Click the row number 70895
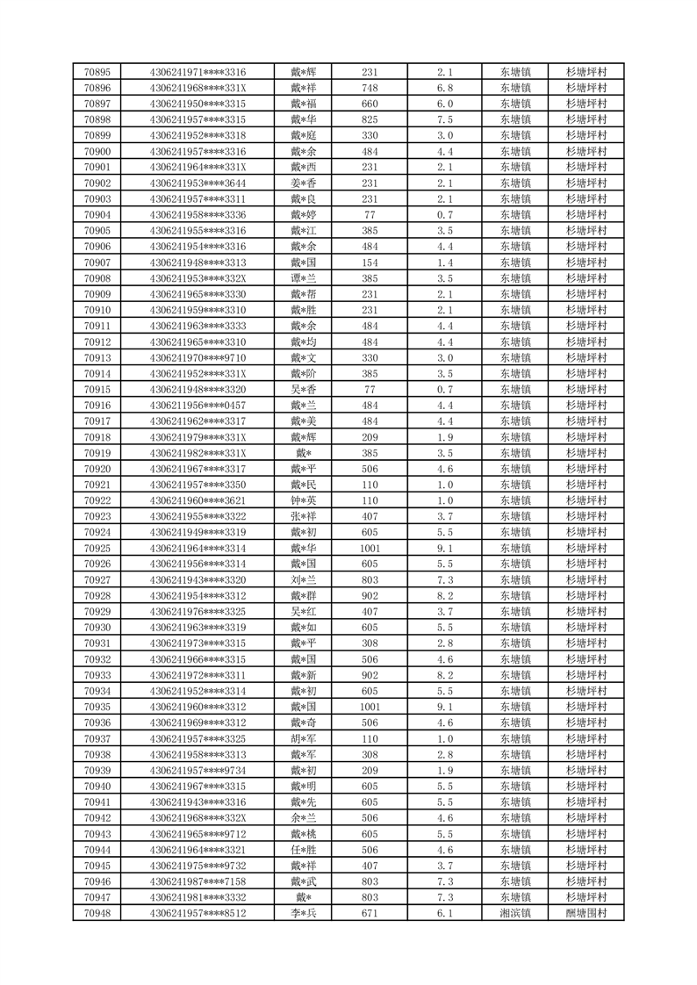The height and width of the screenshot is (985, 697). click(97, 72)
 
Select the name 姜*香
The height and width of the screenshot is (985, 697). click(303, 183)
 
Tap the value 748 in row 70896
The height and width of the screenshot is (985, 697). click(370, 88)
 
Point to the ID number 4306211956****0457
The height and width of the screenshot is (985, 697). click(198, 405)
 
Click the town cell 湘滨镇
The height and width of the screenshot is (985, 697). click(515, 913)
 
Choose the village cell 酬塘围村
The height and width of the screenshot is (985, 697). click(586, 913)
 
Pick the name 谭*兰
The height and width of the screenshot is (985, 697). click(303, 278)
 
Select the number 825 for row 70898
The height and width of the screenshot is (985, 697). click(370, 119)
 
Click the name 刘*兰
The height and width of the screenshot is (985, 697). click(303, 579)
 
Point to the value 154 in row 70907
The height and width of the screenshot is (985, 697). click(370, 262)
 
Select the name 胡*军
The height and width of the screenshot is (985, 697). click(303, 738)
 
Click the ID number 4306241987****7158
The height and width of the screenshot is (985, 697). click(198, 881)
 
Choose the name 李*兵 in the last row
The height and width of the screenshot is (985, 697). click(303, 913)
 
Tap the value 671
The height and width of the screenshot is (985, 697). click(370, 913)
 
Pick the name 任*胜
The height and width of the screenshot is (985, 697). click(303, 850)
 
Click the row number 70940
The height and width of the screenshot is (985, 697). click(97, 786)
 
